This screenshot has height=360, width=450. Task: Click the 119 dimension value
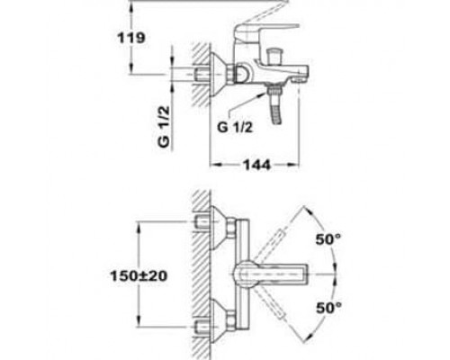coord(131,38)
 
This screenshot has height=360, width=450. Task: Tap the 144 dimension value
coord(256,165)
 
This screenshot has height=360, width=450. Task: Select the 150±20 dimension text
coord(139,276)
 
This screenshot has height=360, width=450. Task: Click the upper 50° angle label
coord(328,239)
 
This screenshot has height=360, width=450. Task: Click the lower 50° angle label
coord(328,308)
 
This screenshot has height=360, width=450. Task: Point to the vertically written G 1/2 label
coord(164,127)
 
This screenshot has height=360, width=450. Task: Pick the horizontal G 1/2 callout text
coord(235,128)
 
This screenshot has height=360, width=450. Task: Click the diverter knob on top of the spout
coord(274,56)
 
